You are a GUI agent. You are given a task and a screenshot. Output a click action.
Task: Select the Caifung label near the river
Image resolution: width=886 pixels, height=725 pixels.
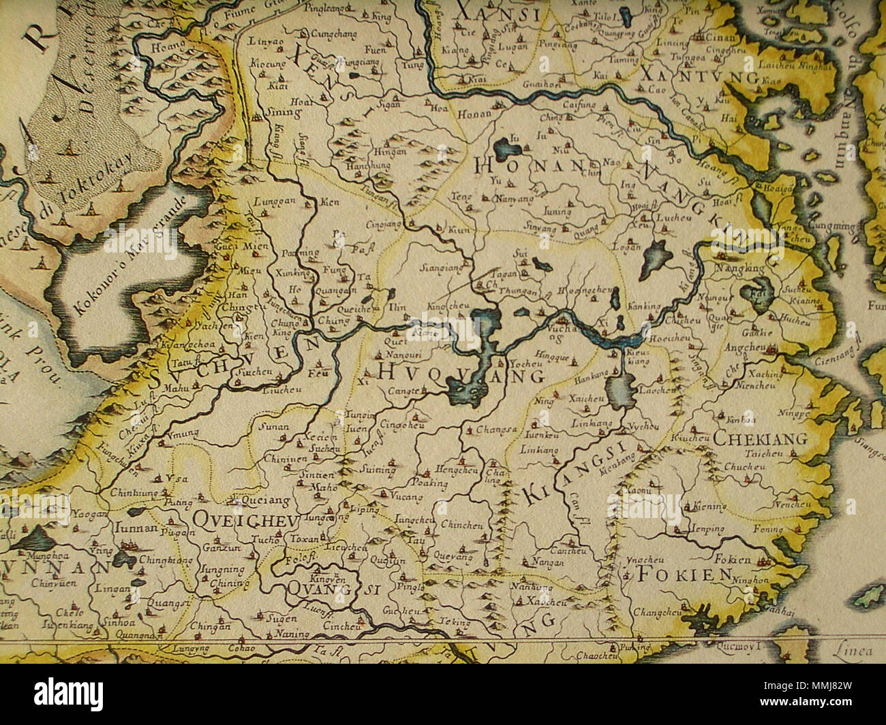click(580, 106)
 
